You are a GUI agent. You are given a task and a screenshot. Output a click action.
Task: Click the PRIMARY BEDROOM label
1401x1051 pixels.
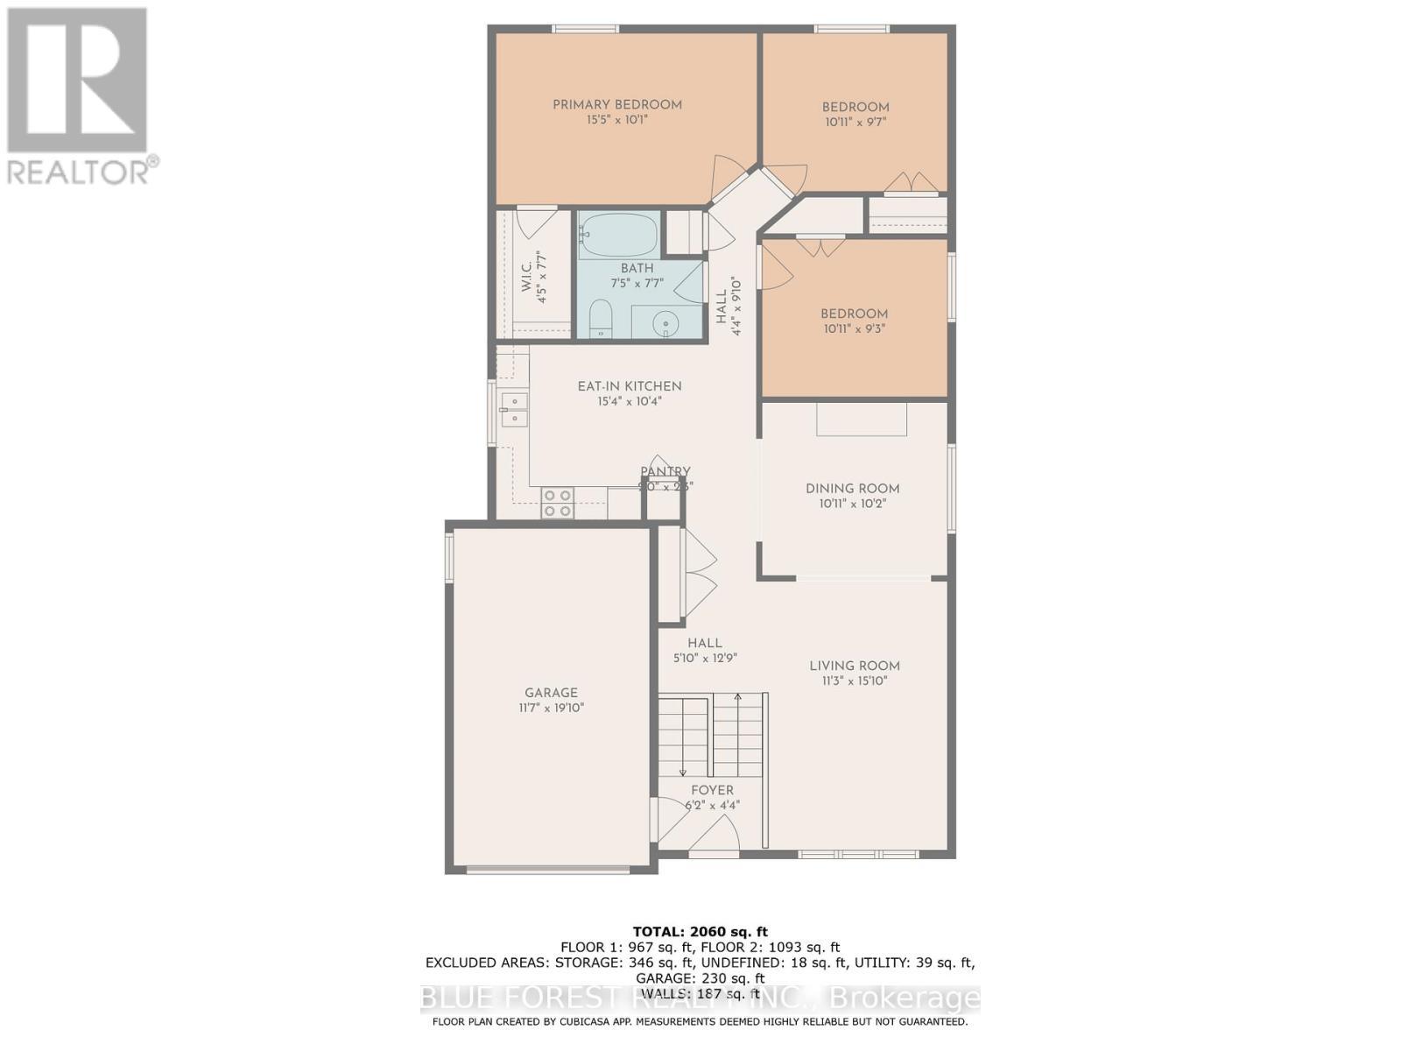click(x=616, y=105)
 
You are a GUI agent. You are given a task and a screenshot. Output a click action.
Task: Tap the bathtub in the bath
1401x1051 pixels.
click(x=618, y=235)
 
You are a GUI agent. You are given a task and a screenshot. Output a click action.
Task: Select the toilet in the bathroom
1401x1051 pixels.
click(x=601, y=317)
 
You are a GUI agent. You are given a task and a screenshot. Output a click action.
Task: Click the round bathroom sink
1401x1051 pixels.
click(x=667, y=323)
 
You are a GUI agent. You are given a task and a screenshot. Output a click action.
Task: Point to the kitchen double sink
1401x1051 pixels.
click(x=514, y=410)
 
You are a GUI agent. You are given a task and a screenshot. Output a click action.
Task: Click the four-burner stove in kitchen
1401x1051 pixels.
click(x=557, y=503)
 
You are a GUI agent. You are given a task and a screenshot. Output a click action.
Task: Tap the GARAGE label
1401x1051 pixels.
click(x=551, y=693)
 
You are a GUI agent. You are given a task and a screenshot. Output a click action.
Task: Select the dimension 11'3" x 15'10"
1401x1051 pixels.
click(x=854, y=681)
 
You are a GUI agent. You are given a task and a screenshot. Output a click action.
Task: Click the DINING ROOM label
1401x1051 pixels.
click(x=852, y=489)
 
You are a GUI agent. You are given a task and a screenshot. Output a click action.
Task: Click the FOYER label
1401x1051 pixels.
click(x=712, y=790)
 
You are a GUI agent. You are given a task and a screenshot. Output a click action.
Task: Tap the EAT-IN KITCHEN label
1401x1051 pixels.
click(x=629, y=386)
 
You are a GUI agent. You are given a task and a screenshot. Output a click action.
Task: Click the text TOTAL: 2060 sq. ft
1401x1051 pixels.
click(x=700, y=931)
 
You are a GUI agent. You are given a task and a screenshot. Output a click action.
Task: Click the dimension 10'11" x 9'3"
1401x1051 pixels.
click(x=854, y=329)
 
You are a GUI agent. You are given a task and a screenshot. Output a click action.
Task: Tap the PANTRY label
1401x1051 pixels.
click(x=665, y=471)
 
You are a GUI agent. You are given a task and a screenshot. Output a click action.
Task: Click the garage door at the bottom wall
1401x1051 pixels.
click(x=548, y=870)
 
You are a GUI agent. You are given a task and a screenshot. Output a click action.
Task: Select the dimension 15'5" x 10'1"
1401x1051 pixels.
click(x=616, y=120)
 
